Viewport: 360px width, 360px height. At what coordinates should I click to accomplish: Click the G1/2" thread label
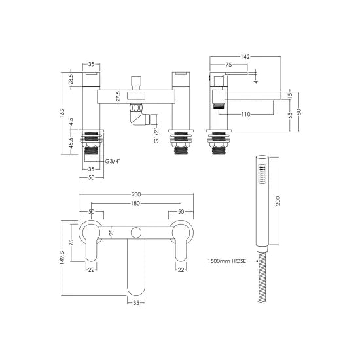156,135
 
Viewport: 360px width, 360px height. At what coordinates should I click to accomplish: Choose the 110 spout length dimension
245,113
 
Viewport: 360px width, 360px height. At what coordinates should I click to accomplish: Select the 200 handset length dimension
279,201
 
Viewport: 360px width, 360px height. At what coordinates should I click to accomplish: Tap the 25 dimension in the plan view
113,232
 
